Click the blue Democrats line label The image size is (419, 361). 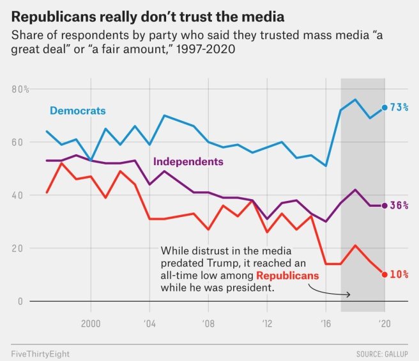[x=78, y=111]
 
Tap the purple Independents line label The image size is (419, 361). [x=188, y=162]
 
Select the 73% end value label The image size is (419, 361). [x=399, y=108]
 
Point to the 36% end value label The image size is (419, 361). [x=399, y=205]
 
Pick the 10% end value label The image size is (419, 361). [x=399, y=275]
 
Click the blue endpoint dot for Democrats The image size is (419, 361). [x=385, y=108]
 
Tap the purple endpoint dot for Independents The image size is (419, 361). [x=385, y=205]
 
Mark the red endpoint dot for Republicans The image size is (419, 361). [x=385, y=275]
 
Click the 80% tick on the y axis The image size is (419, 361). [x=21, y=89]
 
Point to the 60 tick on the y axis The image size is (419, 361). [x=19, y=142]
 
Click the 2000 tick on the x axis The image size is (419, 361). [x=91, y=323]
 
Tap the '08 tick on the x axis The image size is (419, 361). [x=208, y=323]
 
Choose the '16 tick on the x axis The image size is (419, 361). [x=325, y=323]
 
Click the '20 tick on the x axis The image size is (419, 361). [x=384, y=323]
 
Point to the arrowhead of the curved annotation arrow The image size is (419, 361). [x=350, y=294]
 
